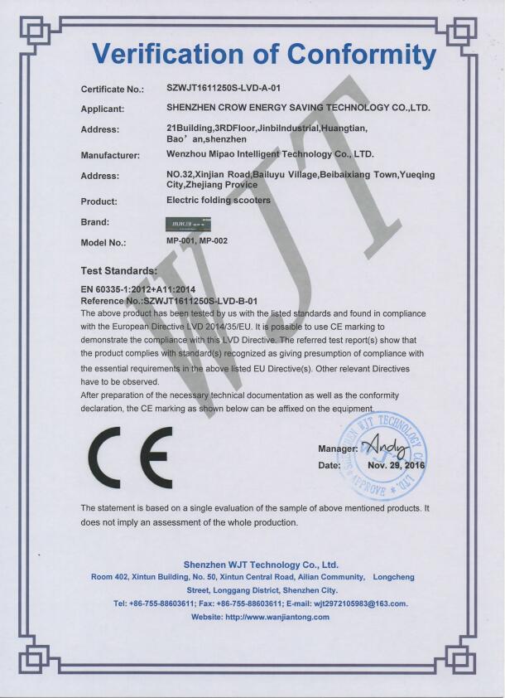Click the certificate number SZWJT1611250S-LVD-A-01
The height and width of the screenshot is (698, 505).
click(219, 88)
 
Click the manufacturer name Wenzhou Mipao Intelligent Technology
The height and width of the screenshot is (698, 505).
click(270, 154)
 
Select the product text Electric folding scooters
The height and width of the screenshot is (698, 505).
click(219, 200)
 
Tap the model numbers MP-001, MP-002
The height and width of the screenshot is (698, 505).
click(197, 241)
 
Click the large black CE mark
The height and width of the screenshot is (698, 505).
click(131, 458)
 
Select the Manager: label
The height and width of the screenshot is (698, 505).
click(338, 449)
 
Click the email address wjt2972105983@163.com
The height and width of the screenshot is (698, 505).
click(354, 603)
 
